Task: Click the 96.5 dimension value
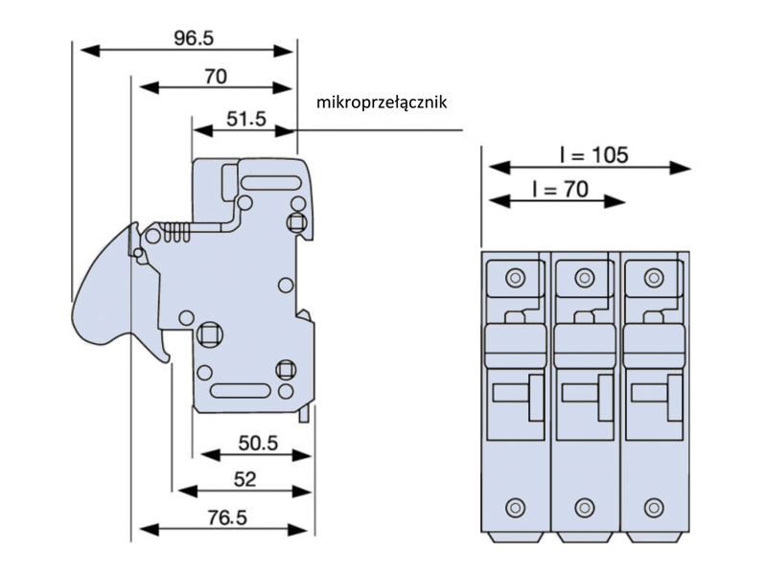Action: click(194, 38)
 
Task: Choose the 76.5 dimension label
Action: click(226, 517)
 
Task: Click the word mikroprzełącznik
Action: click(383, 102)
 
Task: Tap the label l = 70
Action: click(559, 190)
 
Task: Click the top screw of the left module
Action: click(516, 279)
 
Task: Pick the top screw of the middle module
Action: click(584, 279)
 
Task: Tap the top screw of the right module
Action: click(653, 279)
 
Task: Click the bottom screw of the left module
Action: click(516, 505)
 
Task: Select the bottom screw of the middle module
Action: click(584, 505)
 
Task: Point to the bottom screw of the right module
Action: click(653, 505)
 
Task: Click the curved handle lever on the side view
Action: click(105, 287)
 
